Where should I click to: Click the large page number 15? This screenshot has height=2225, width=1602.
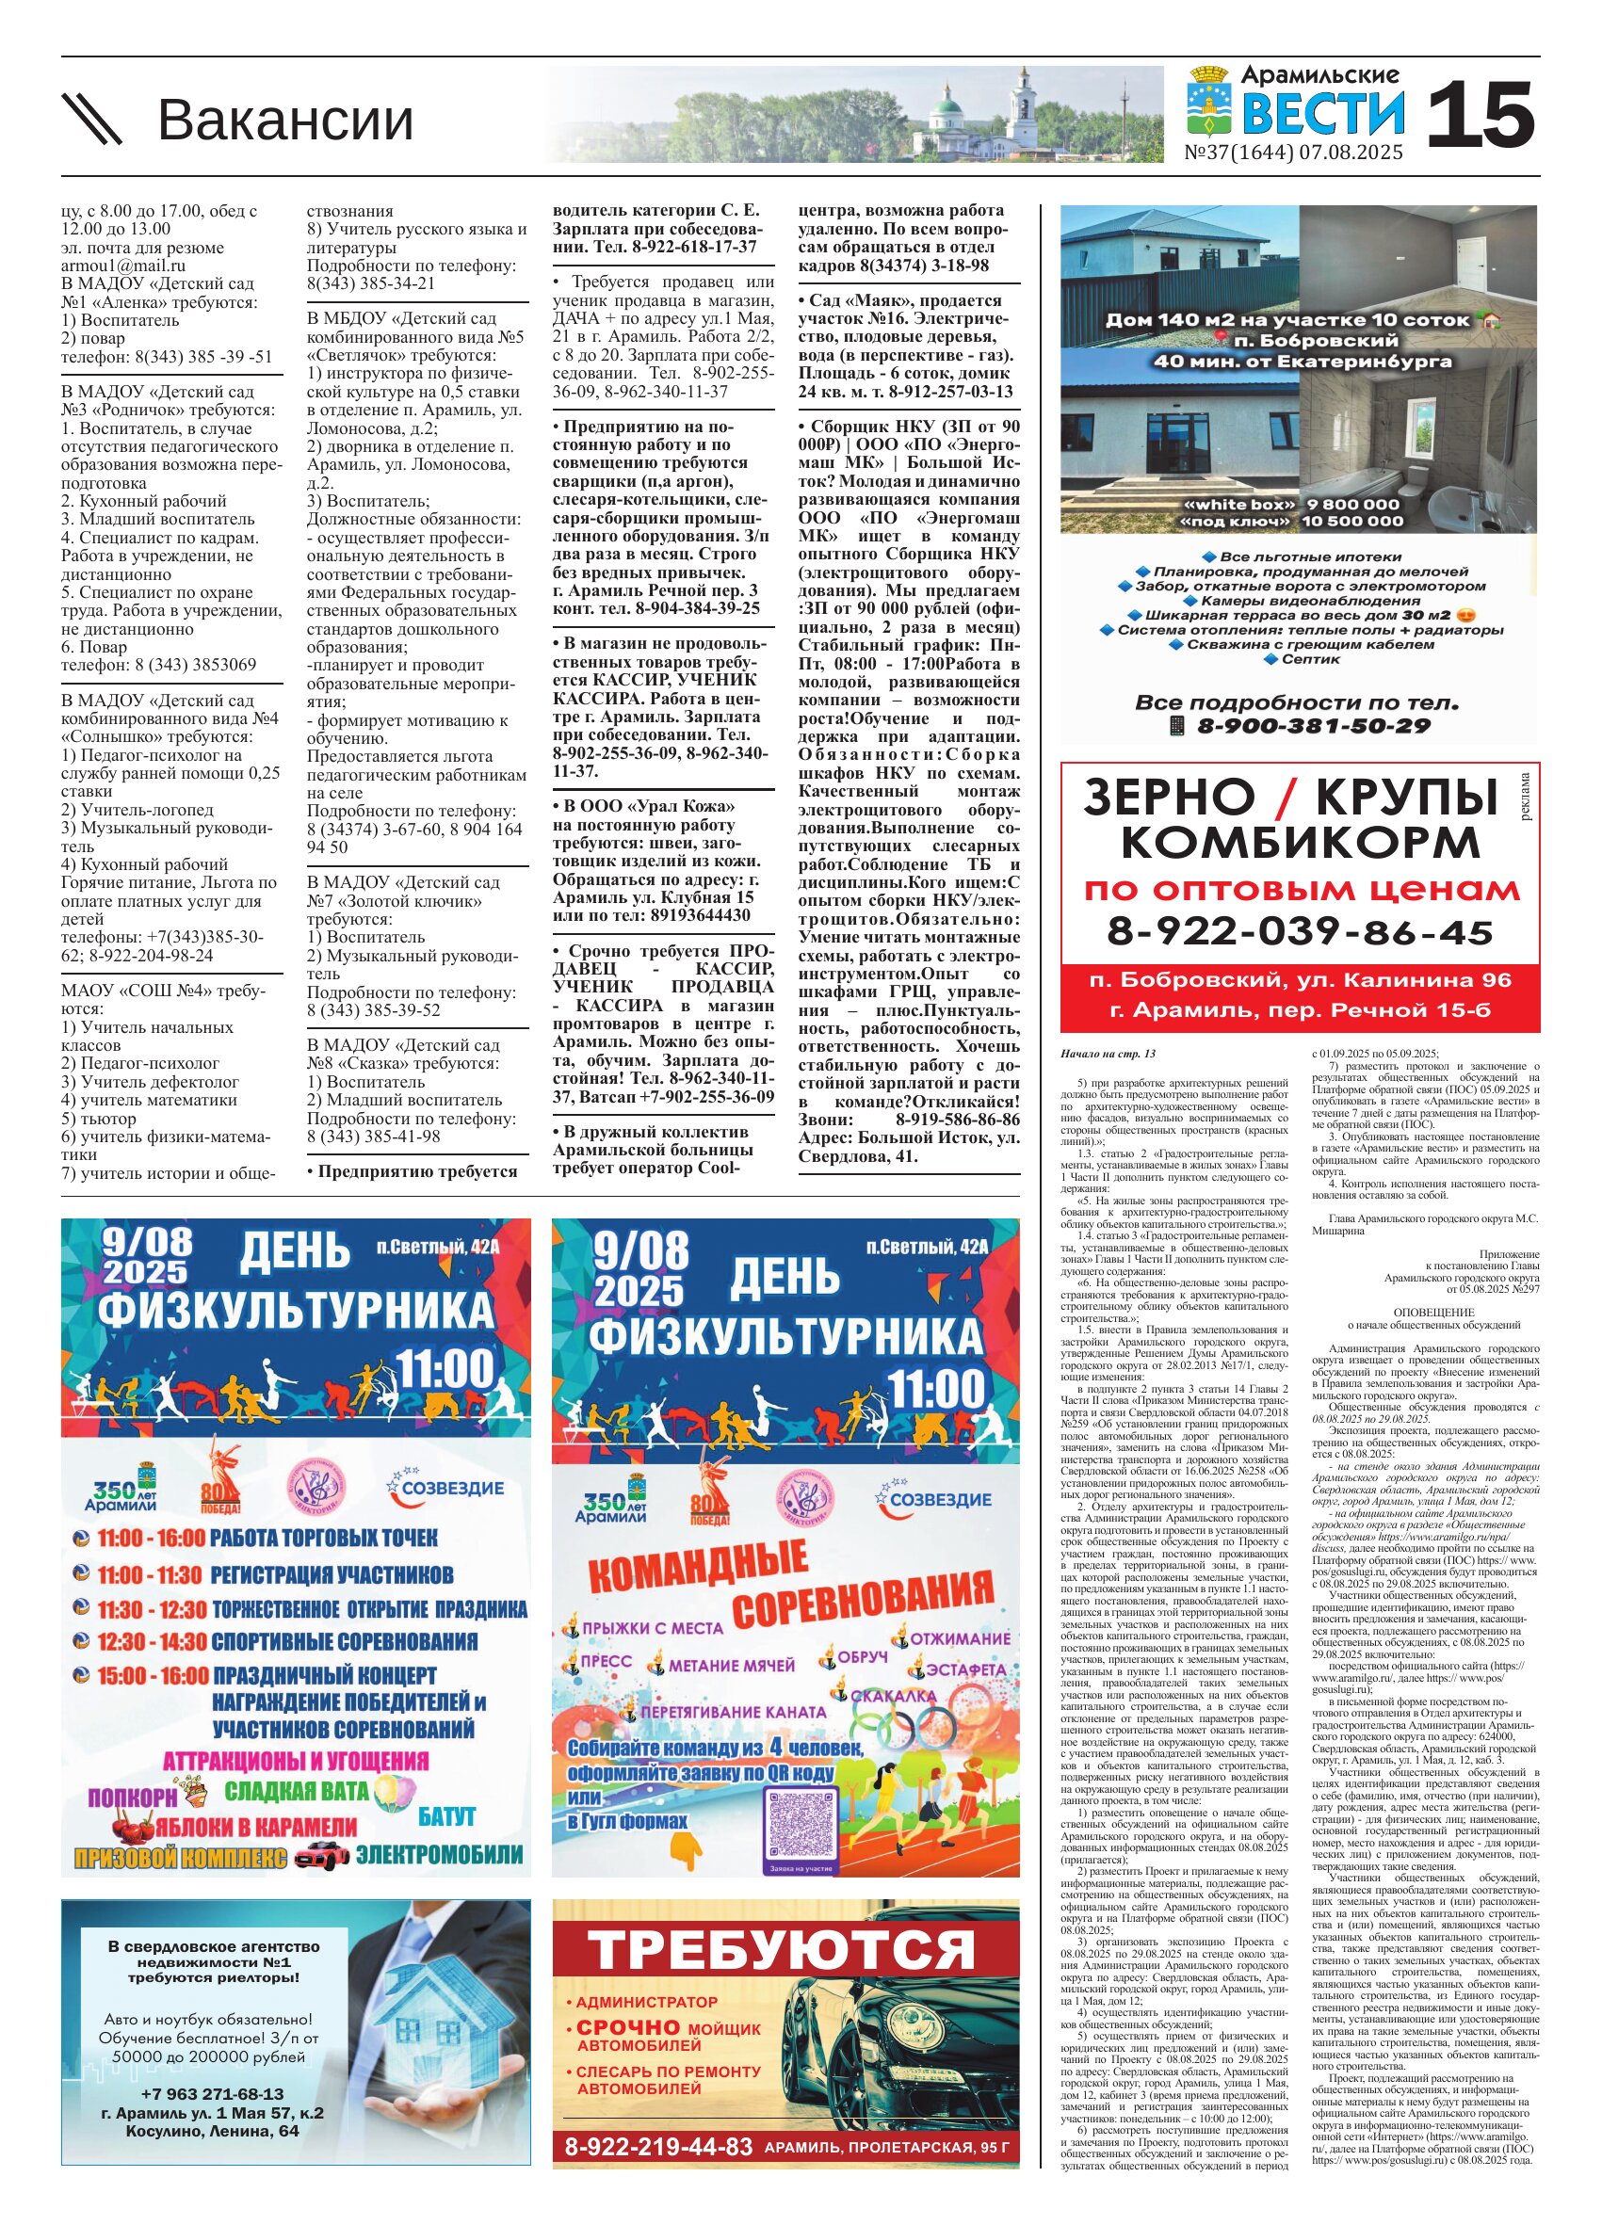click(1479, 115)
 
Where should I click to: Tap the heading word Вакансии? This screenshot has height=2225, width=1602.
click(285, 120)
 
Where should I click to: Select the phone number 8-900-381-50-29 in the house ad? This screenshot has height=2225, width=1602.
click(1314, 726)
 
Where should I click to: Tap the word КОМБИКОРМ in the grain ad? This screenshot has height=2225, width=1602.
click(1299, 842)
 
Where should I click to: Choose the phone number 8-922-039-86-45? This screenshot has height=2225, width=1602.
click(1299, 931)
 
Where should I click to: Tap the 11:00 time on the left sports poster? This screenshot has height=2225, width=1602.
click(445, 1368)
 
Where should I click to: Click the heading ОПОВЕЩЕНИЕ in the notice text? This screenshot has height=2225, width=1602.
click(1433, 1313)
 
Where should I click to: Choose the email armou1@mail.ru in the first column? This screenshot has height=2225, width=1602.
click(122, 266)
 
